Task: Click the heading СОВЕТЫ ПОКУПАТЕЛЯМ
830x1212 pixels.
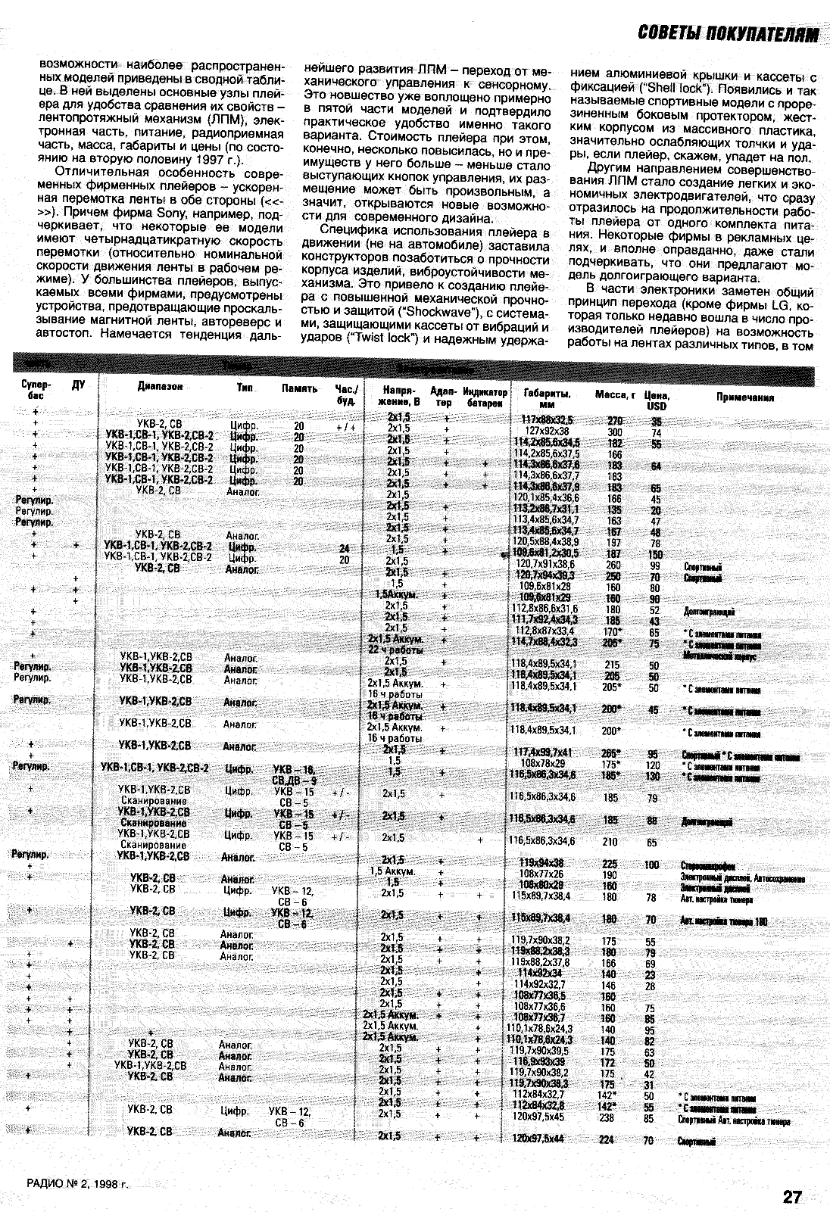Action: click(729, 34)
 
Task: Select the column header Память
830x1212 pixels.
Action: click(299, 388)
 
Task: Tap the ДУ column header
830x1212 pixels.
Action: click(78, 385)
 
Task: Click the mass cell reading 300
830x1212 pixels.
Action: click(614, 432)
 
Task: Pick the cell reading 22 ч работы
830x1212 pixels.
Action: click(395, 649)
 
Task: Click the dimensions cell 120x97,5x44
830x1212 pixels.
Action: click(538, 1139)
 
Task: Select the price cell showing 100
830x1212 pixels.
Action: click(651, 865)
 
